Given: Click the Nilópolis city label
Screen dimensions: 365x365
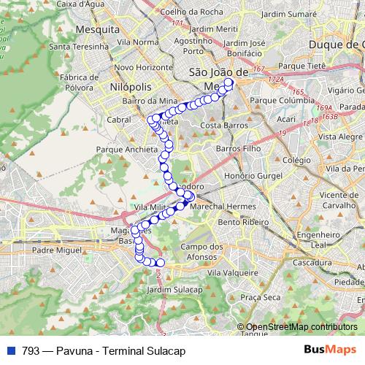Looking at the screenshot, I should (x=131, y=86).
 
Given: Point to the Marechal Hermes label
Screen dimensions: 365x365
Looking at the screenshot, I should (x=218, y=208).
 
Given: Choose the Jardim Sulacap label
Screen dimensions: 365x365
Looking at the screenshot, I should (x=174, y=290).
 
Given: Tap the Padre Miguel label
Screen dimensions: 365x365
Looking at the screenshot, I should (x=53, y=250).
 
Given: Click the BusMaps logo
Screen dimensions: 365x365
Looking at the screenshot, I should (x=330, y=350).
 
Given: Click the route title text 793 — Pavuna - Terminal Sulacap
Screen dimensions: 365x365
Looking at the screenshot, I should (x=104, y=350).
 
